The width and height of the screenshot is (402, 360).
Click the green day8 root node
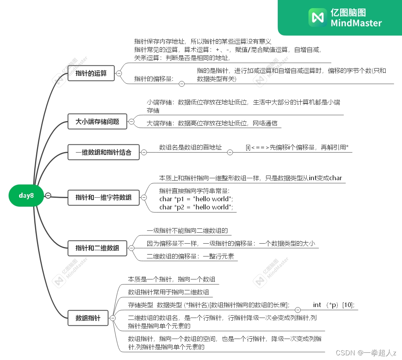[x=26, y=195]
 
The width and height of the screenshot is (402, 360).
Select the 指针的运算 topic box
[x=91, y=73]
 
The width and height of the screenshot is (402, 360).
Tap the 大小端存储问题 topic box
[x=97, y=122]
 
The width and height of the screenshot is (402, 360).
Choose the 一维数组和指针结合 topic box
[x=103, y=152]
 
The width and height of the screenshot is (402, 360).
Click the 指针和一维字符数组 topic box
[x=103, y=197]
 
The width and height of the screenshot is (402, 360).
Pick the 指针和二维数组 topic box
[x=97, y=248]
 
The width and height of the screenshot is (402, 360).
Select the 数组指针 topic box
[x=88, y=318]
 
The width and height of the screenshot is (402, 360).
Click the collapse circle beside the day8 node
[x=48, y=195]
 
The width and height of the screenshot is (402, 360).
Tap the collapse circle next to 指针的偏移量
[x=182, y=83]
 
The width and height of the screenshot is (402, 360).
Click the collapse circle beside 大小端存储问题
[x=131, y=122]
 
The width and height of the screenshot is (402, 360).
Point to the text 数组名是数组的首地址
[x=190, y=148]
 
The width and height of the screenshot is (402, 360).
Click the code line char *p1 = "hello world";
[x=196, y=199]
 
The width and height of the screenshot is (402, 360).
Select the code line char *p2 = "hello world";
[x=196, y=207]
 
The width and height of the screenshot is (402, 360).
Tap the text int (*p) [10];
[x=333, y=305]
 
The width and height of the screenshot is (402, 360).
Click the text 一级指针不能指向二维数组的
[x=187, y=231]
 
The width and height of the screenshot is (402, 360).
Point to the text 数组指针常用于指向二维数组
[x=168, y=292]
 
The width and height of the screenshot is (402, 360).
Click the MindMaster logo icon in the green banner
[x=317, y=18]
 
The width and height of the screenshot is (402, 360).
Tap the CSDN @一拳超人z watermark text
[x=365, y=353]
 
